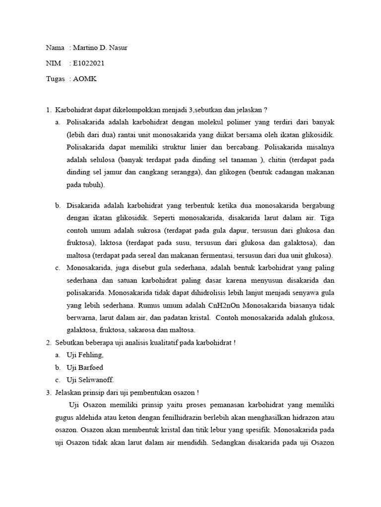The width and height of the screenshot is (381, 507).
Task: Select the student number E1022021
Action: [88, 63]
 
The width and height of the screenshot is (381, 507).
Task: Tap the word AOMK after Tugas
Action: [84, 79]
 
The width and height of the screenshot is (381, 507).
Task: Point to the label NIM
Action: [53, 63]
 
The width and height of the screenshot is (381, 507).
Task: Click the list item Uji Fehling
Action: [85, 355]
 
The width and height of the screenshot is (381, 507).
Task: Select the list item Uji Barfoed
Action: [85, 367]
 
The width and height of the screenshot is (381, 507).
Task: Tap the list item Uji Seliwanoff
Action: [90, 380]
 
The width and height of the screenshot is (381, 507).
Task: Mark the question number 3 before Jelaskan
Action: [49, 393]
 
